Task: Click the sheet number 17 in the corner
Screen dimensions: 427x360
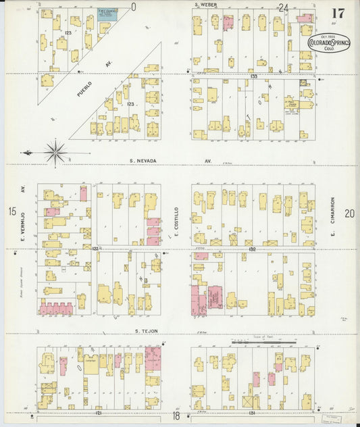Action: point(338,13)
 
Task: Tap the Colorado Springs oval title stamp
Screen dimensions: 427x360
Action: point(329,43)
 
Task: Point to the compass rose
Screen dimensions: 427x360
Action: point(55,151)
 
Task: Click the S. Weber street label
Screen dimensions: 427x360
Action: point(205,6)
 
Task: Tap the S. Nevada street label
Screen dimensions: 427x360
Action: point(143,161)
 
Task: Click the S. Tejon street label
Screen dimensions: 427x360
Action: point(145,331)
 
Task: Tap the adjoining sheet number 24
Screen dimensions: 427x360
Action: point(283,8)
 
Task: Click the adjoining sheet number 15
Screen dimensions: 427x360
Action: point(12,212)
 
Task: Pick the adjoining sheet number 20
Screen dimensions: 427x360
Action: point(349,214)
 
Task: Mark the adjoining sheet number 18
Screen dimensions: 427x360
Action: point(176,417)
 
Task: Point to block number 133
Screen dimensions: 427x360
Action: point(254,76)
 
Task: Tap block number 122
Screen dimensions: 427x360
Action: point(95,249)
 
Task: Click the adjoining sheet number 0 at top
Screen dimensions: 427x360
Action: point(134,7)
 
